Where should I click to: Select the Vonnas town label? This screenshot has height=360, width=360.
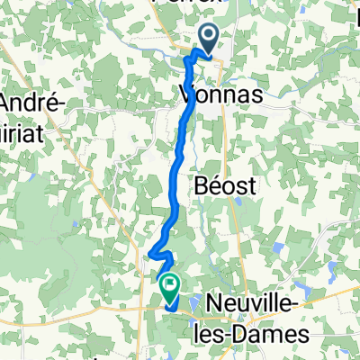tap(214, 94)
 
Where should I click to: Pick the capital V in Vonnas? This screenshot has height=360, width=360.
tap(187, 94)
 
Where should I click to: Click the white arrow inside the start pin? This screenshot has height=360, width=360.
tap(207, 37)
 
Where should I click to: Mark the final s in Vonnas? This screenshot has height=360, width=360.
tap(241, 94)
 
